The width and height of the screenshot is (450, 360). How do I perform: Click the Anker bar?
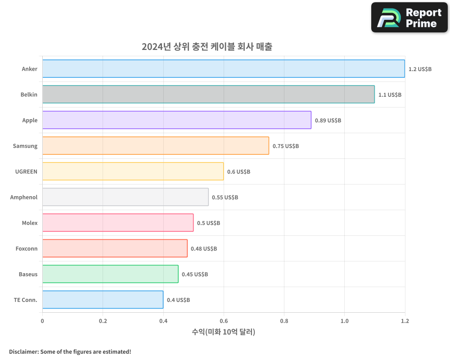(x=224, y=69)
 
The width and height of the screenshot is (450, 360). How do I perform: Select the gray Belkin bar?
(x=208, y=94)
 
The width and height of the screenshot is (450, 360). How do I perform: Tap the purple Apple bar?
(x=177, y=120)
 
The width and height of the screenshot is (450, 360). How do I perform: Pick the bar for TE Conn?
(x=103, y=300)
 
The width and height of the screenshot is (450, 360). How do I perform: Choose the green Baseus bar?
(x=110, y=274)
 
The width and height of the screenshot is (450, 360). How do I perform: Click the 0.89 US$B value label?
(x=328, y=121)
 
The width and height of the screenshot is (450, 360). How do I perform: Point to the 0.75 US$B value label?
(x=286, y=146)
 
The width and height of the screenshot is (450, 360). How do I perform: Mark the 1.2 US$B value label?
(x=420, y=69)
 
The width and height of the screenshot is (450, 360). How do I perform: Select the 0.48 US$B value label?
(x=204, y=249)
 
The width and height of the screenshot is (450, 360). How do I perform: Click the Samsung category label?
(x=25, y=146)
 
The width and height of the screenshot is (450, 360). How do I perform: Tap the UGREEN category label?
(x=27, y=171)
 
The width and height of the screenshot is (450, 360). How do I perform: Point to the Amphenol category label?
(x=24, y=197)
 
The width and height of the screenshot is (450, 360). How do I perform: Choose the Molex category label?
(x=30, y=223)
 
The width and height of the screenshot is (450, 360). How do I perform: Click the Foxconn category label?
(x=27, y=248)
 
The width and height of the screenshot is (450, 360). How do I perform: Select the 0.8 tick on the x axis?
(x=284, y=321)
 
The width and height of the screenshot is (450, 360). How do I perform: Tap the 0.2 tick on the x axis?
(x=103, y=321)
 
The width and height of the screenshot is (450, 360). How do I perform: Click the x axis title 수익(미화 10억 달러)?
(x=224, y=332)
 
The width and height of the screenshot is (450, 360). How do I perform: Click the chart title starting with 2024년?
(x=207, y=46)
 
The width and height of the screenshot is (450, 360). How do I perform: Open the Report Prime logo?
(x=409, y=18)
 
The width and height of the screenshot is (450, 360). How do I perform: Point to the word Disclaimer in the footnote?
(x=23, y=352)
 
